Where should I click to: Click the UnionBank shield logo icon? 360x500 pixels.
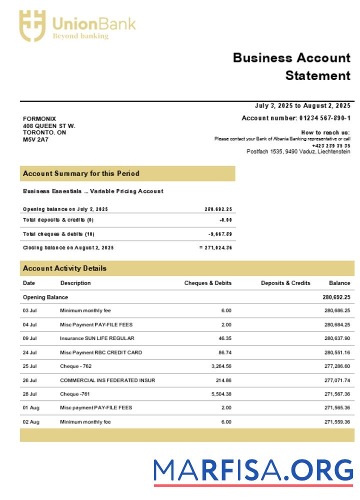[x=32, y=25]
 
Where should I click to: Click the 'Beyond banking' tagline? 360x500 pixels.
[x=80, y=36]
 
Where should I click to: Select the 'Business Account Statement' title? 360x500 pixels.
[x=292, y=66]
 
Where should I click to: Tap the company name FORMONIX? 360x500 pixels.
[x=39, y=118]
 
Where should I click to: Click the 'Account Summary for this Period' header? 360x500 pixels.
[x=81, y=173]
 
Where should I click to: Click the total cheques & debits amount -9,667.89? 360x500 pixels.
[x=220, y=234]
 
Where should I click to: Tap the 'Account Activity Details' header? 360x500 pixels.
[x=64, y=268]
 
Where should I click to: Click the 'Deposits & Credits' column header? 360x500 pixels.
[x=285, y=283]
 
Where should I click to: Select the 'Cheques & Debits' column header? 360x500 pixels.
[x=208, y=283]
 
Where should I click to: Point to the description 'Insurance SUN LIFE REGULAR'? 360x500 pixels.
[x=96, y=338]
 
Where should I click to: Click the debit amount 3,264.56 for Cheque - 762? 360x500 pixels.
[x=219, y=366]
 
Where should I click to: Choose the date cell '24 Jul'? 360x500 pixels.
[x=30, y=352]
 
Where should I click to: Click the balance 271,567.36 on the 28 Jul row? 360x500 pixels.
[x=337, y=394]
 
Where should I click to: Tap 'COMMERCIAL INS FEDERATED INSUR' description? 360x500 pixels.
[x=107, y=380]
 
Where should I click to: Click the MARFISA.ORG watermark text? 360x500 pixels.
[x=253, y=470]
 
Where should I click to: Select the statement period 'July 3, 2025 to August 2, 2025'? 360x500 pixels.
[x=302, y=106]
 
